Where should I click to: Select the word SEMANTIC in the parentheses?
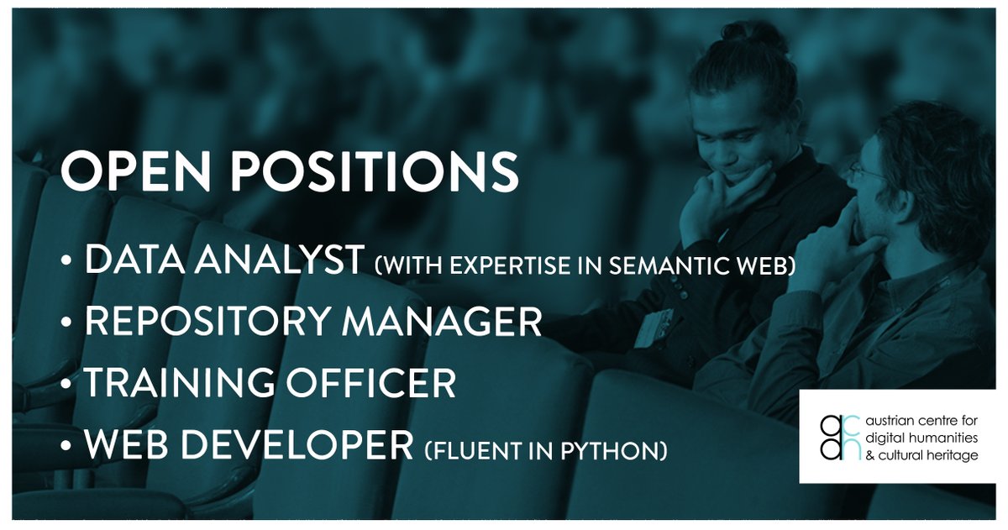click(x=625, y=267)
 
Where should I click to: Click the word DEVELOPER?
click(x=320, y=446)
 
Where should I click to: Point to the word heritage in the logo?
click(x=951, y=454)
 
